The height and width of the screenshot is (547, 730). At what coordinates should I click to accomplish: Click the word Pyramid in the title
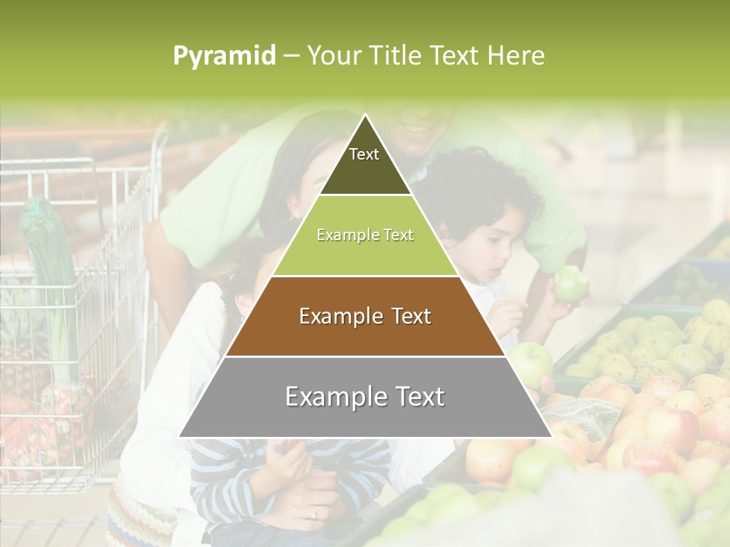point(224,56)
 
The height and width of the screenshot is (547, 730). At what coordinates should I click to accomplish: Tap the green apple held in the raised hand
point(571,284)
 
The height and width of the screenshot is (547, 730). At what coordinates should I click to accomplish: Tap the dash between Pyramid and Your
point(290,56)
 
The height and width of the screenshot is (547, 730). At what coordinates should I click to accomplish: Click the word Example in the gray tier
point(332,397)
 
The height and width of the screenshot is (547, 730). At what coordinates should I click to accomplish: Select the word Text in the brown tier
point(408,316)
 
